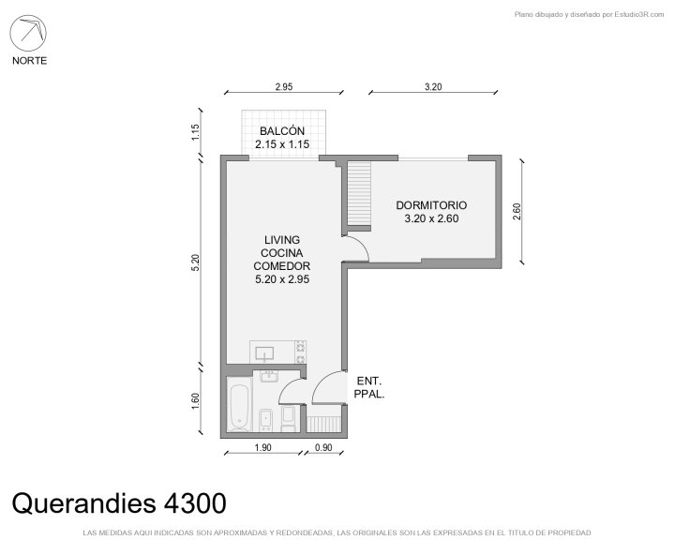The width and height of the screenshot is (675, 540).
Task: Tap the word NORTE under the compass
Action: click(x=29, y=61)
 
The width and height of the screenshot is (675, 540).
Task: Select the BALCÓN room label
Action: click(x=282, y=131)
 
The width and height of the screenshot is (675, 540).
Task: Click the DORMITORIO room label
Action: click(x=431, y=205)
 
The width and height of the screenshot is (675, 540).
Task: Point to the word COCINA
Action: click(x=282, y=253)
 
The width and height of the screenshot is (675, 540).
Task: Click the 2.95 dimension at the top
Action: click(x=284, y=87)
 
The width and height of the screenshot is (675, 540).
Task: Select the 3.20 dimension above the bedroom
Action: click(x=433, y=87)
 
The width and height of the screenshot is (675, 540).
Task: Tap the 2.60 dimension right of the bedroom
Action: click(x=517, y=212)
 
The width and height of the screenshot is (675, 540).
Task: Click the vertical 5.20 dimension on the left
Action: click(x=195, y=262)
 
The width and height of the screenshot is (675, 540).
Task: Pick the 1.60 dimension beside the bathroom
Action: click(x=195, y=401)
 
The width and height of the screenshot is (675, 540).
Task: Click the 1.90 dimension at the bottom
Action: click(x=262, y=448)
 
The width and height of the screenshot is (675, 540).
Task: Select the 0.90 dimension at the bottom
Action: click(x=323, y=448)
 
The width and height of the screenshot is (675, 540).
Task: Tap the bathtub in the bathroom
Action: click(x=239, y=405)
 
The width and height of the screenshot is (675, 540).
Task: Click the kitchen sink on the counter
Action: click(x=264, y=354)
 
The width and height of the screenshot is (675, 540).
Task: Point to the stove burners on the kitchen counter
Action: click(x=300, y=352)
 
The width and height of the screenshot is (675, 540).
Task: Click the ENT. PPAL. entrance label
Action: click(x=369, y=387)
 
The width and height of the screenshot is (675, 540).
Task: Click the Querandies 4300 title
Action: click(x=119, y=503)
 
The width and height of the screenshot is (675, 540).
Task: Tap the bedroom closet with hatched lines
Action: click(x=359, y=193)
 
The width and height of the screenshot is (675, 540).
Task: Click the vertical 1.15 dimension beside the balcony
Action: click(x=195, y=132)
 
